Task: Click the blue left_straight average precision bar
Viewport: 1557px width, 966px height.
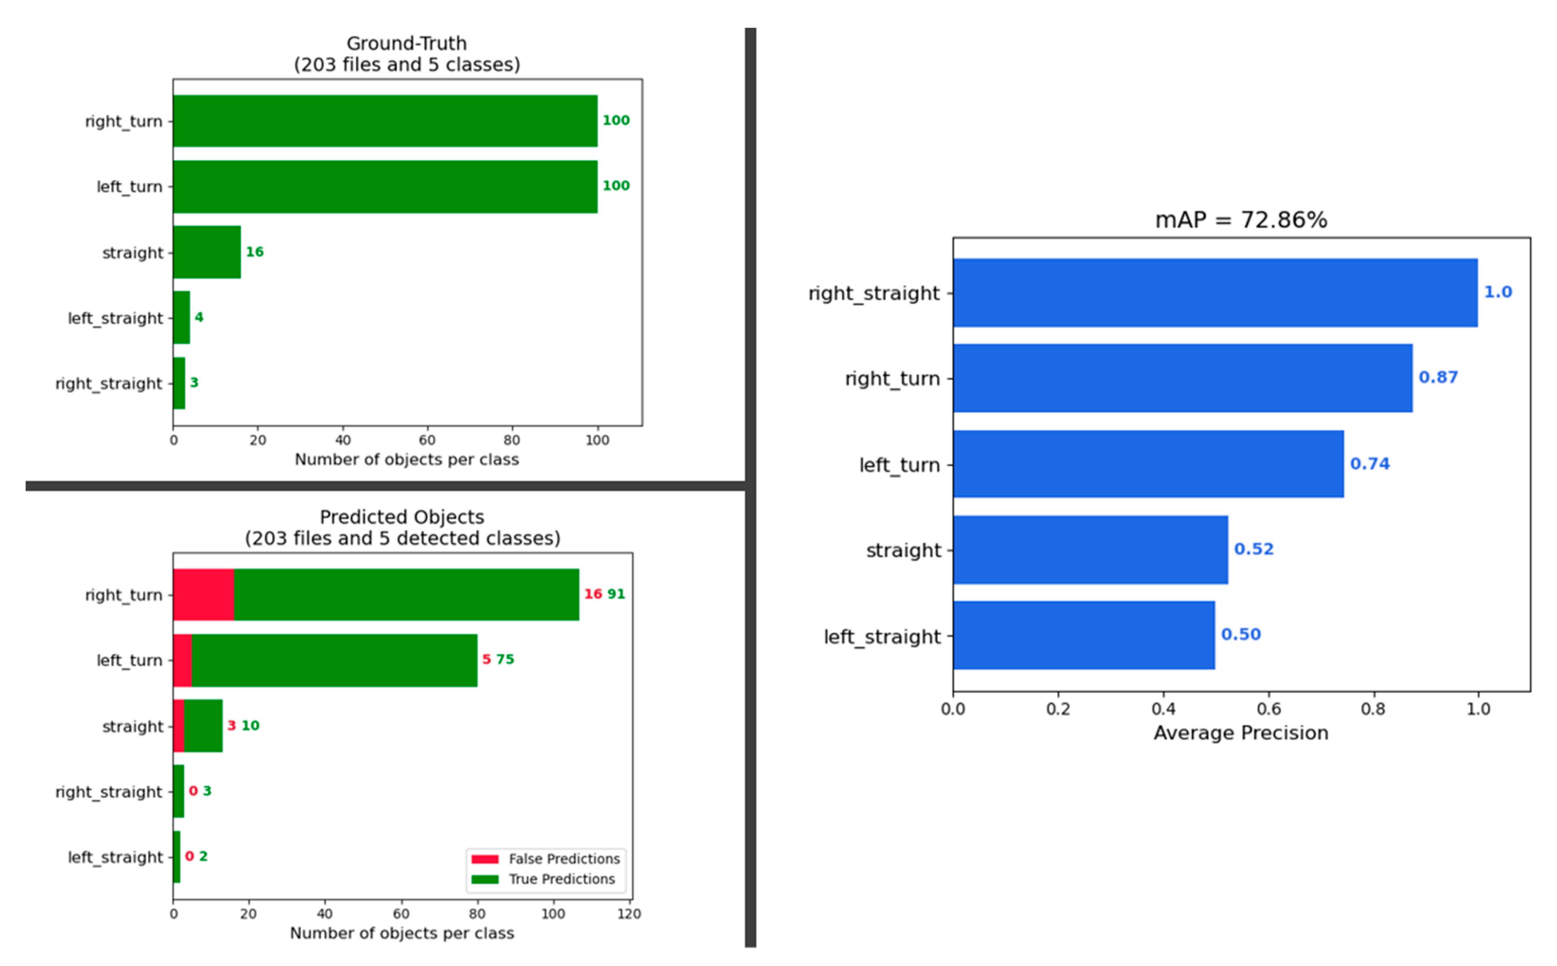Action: point(1083,635)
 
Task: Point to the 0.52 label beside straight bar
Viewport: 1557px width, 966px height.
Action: point(1253,549)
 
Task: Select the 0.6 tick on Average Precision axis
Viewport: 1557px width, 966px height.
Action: point(1268,709)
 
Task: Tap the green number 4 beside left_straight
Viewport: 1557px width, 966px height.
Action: point(199,317)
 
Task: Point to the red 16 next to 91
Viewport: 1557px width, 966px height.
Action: point(593,594)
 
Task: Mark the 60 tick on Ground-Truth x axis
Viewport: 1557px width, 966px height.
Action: point(427,440)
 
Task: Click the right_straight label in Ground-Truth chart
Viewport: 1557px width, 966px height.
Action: point(109,383)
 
